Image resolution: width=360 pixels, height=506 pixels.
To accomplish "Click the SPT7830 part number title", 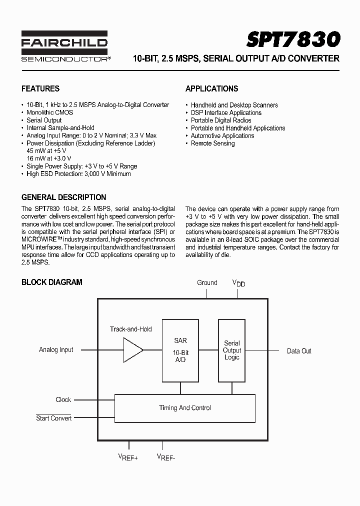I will [293, 38].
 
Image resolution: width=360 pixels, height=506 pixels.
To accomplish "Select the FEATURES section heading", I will [40, 88].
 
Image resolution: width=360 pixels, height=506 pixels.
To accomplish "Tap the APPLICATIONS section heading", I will [211, 88].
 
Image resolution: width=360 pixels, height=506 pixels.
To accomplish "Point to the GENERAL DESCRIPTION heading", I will [63, 197].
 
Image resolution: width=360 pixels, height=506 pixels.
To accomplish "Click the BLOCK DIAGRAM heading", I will [51, 282].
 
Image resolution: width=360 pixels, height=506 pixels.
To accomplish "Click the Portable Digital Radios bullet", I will [220, 120].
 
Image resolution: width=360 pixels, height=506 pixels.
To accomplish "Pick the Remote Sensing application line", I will [212, 143].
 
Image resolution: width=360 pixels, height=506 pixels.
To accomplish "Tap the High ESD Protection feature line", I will [78, 174].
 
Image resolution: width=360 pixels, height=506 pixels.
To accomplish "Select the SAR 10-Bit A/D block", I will [180, 350].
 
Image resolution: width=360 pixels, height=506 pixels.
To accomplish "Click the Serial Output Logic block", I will [231, 350].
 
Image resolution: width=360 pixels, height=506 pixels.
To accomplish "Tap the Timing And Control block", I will [185, 408].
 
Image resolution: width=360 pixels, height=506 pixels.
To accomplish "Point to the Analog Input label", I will [56, 350].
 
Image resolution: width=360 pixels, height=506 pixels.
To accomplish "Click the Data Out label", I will [299, 351].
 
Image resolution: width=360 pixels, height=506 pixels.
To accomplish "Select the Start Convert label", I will [53, 418].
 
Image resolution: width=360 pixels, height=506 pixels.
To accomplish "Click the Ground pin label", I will [207, 282].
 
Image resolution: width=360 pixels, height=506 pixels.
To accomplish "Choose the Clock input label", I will [63, 399].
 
